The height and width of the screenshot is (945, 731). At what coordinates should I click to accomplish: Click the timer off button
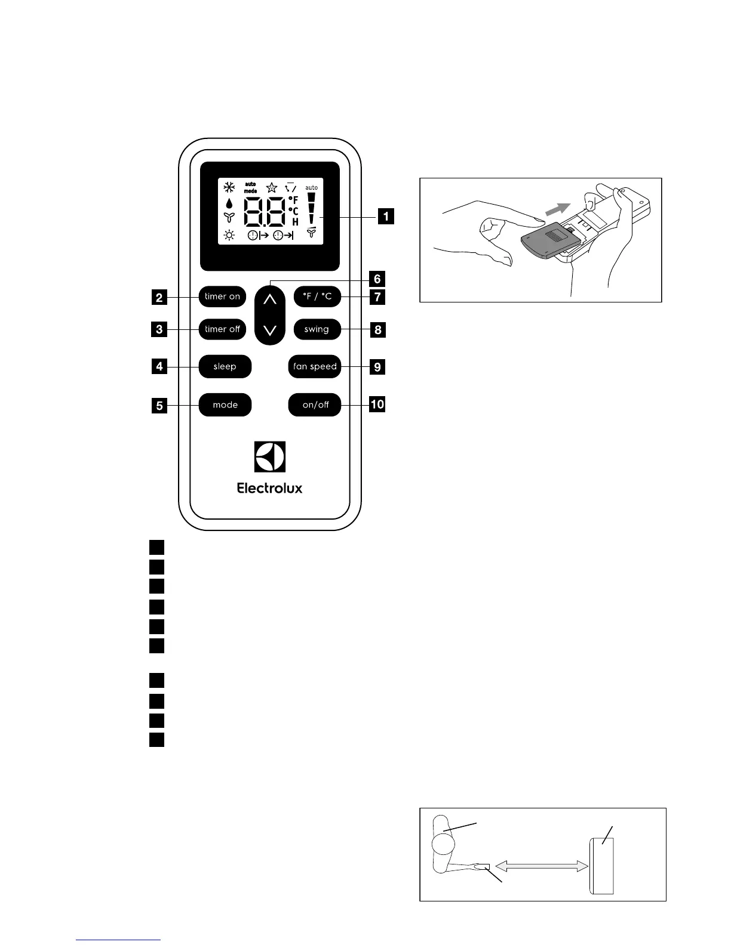coord(222,329)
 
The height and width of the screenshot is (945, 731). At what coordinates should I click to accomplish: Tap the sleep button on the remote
coord(225,366)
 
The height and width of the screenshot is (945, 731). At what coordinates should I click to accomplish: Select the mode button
coord(225,405)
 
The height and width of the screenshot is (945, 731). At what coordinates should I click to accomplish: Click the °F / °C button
coord(317,297)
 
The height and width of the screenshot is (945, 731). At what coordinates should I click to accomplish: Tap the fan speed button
coord(315,366)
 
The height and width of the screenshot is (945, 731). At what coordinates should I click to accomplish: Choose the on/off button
coord(315,405)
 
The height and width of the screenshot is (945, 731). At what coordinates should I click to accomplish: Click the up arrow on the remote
coord(270,299)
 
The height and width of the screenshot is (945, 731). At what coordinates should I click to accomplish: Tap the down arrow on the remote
coord(270,330)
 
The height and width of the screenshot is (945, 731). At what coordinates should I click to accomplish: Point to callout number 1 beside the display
coord(386,215)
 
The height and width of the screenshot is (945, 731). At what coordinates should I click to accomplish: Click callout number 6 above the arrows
coord(377,279)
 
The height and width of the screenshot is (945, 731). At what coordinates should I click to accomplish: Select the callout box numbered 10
coord(377,404)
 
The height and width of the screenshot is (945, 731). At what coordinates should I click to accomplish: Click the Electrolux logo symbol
coord(270,457)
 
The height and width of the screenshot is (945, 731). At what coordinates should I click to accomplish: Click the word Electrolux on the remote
coord(270,488)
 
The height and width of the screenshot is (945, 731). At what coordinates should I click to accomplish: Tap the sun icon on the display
coord(229,235)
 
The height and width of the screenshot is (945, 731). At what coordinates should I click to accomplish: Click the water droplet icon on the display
coord(229,203)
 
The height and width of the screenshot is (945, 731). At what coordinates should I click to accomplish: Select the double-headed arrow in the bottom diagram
coord(540,866)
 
